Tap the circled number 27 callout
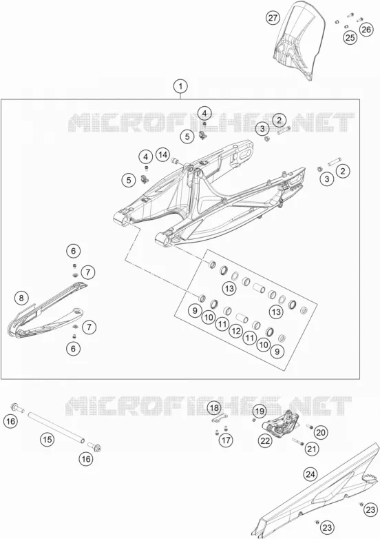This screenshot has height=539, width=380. point(273,17)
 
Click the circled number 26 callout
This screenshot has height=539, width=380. point(366,29)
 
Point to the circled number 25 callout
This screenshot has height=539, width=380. point(350,37)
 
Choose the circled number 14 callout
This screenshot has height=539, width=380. point(163,155)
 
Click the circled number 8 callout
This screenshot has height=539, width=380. point(21,298)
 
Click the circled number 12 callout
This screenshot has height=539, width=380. point(236,331)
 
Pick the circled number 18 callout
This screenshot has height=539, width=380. point(214,408)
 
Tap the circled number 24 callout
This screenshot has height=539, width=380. point(310,474)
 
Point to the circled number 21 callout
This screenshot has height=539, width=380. point(312,448)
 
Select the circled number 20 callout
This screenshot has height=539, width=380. point(320,432)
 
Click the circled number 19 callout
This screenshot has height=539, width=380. point(260,411)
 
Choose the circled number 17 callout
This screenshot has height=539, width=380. point(226,440)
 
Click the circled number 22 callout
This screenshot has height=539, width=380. point(265,440)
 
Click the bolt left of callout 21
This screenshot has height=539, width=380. point(298,441)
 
